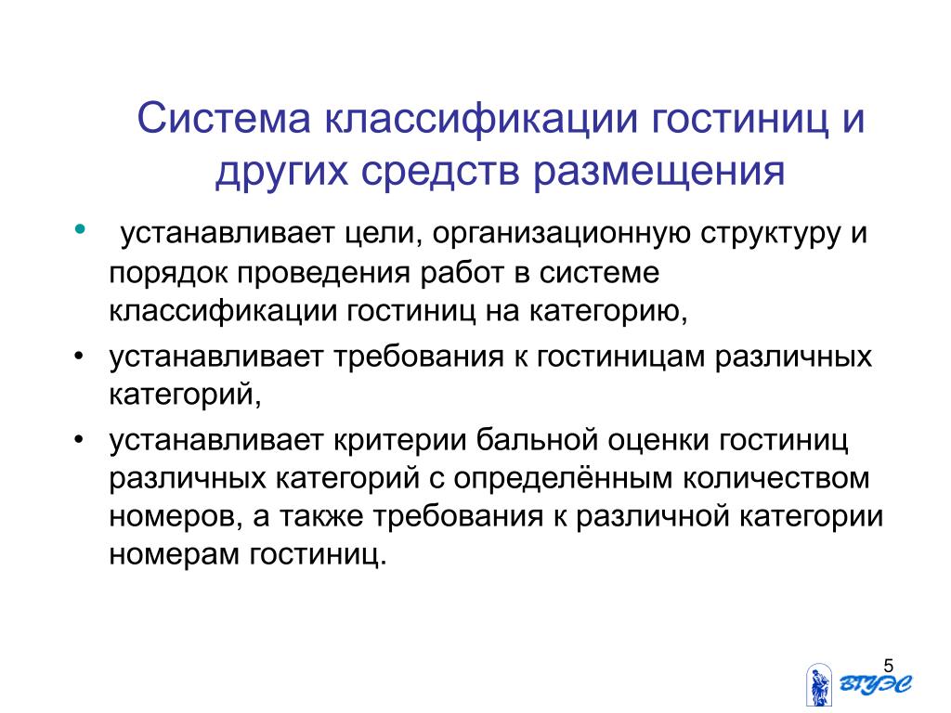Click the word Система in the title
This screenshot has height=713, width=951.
point(224,118)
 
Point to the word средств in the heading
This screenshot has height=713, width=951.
point(441,172)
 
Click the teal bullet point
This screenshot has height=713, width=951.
point(80,229)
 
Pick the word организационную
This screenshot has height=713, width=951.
point(561,234)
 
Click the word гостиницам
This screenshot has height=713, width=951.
point(620,357)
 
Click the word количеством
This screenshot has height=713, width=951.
point(776,478)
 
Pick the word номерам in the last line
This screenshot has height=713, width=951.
point(174,556)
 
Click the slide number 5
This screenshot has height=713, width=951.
point(889,666)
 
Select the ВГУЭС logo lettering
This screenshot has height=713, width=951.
point(876,684)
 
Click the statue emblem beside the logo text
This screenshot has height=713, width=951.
point(819,684)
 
